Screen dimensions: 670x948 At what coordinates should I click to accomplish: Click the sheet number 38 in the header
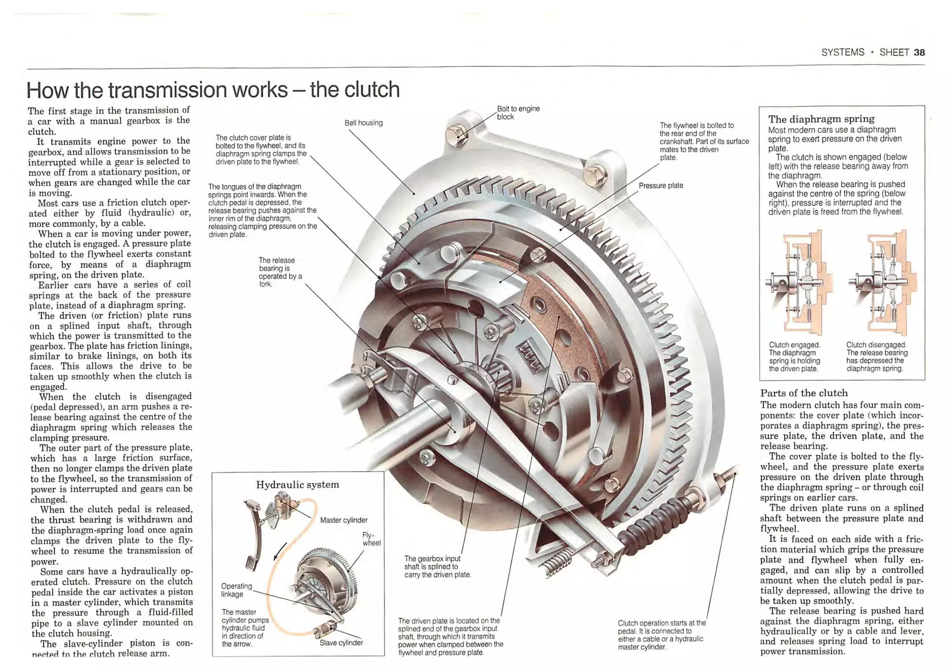click(919, 52)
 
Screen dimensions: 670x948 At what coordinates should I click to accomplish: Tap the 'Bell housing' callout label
click(363, 123)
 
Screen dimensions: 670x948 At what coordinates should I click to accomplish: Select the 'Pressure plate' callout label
click(661, 186)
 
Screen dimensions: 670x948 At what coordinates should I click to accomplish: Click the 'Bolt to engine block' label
click(518, 113)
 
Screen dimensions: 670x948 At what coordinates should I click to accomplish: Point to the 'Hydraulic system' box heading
click(298, 485)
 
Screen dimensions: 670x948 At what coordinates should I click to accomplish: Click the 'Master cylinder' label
click(343, 520)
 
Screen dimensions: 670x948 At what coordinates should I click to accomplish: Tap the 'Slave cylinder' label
click(341, 643)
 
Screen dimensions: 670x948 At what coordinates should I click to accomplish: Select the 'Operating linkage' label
click(236, 590)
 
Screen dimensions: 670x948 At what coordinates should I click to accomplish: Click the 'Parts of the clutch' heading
click(804, 393)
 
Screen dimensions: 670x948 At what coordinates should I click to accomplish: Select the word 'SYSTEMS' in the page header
click(842, 52)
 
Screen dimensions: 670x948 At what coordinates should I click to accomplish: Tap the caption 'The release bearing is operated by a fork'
click(280, 272)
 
